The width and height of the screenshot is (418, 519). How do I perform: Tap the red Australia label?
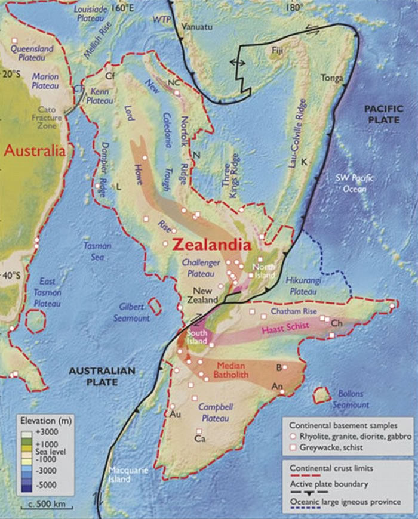click(x=34, y=151)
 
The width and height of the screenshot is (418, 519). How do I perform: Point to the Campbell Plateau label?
click(x=212, y=413)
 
